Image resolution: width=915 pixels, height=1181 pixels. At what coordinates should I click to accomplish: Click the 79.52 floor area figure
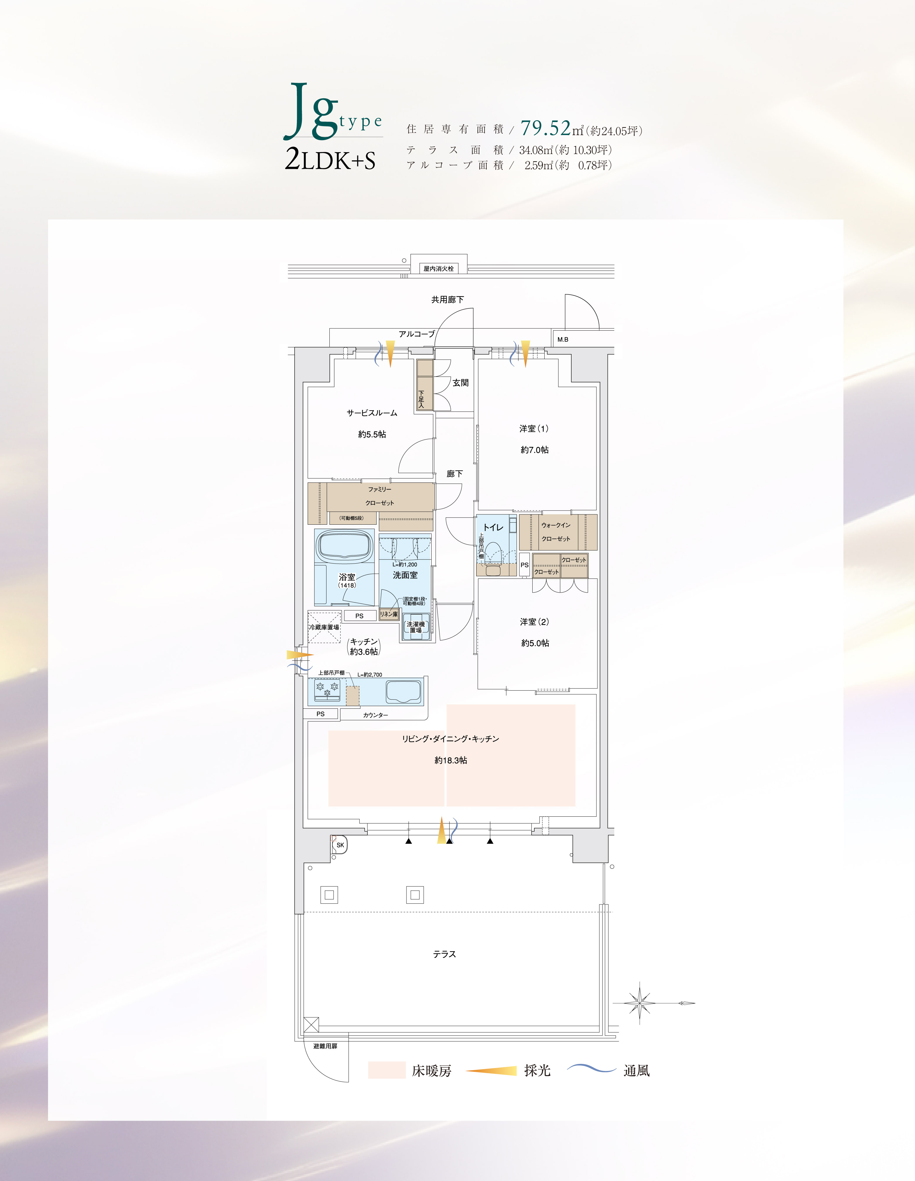click(x=545, y=128)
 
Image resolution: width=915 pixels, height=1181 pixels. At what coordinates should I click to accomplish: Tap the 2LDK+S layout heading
click(x=330, y=161)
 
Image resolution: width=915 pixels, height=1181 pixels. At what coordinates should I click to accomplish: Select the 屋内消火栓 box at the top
click(x=438, y=269)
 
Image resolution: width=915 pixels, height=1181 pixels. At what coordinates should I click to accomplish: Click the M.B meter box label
click(x=563, y=340)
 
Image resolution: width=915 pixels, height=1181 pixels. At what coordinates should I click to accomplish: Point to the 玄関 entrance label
click(x=461, y=383)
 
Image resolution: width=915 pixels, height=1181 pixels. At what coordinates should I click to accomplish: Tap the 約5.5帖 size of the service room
click(x=372, y=434)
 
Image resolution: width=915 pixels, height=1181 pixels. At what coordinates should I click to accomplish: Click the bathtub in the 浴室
click(x=345, y=546)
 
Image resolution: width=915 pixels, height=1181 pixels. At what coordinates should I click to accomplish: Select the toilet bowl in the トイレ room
click(x=493, y=553)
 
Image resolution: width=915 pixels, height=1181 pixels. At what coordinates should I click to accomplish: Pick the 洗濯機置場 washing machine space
click(x=415, y=627)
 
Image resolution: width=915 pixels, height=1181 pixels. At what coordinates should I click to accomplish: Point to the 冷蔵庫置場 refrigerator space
click(x=324, y=627)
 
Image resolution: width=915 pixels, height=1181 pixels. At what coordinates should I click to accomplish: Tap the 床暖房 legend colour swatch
click(x=387, y=1070)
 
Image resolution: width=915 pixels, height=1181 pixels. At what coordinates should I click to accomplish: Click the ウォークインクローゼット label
click(x=556, y=532)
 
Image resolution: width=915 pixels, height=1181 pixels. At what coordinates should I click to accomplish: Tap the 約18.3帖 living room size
click(x=451, y=760)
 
